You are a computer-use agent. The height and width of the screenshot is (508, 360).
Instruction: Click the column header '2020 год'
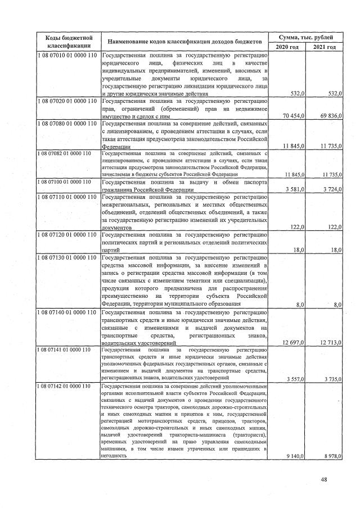287,47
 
